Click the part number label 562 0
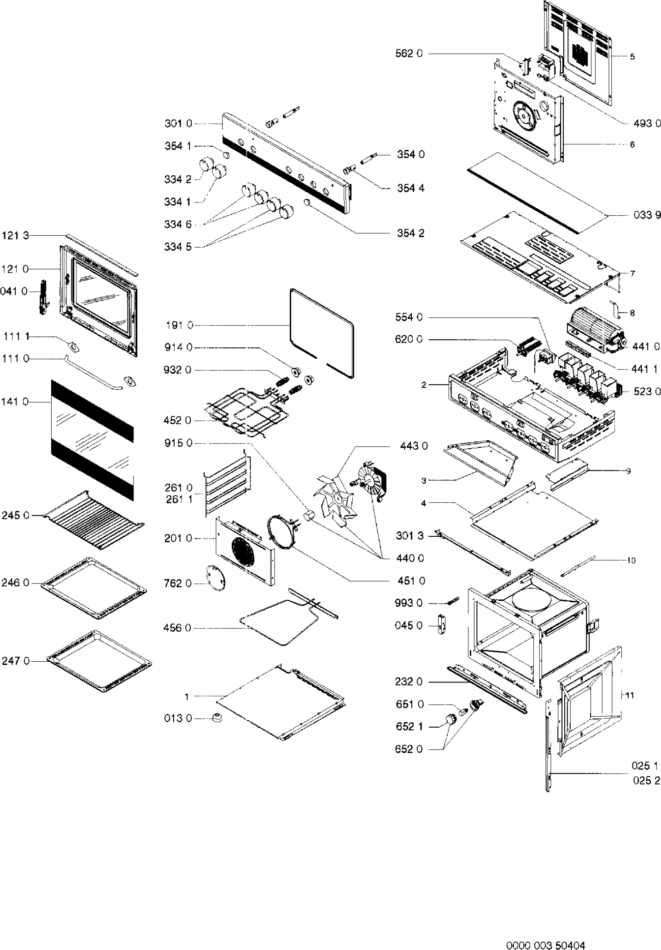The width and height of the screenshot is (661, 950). [x=409, y=54]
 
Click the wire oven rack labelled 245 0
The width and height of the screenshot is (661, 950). [x=94, y=519]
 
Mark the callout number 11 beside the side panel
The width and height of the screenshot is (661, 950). [x=630, y=695]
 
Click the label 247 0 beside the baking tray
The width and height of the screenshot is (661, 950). [x=16, y=661]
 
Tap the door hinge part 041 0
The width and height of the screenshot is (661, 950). [x=44, y=296]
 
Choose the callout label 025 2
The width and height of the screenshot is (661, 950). [x=646, y=780]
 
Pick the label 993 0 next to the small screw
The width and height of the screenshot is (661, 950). [x=409, y=603]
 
